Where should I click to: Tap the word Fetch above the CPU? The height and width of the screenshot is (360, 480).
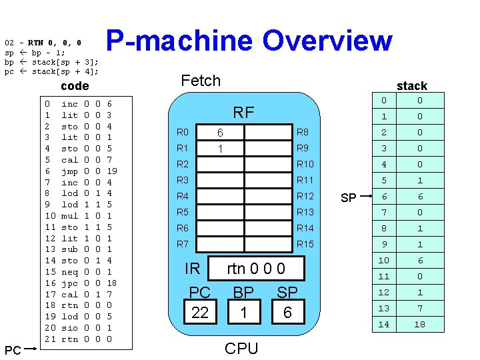pyautogui.click(x=201, y=81)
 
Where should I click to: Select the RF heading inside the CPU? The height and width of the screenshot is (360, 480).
pyautogui.click(x=243, y=112)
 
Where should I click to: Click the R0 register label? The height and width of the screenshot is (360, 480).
pyautogui.click(x=183, y=133)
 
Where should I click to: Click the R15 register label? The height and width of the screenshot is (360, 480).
pyautogui.click(x=305, y=244)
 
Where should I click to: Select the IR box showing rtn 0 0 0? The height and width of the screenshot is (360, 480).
pyautogui.click(x=256, y=269)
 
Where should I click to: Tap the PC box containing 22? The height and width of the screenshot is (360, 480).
pyautogui.click(x=200, y=312)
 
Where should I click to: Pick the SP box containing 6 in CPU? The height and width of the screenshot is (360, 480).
pyautogui.click(x=287, y=312)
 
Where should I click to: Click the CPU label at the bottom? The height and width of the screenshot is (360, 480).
pyautogui.click(x=241, y=348)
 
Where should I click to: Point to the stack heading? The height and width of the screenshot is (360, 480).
pyautogui.click(x=411, y=85)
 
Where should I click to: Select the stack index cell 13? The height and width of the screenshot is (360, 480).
pyautogui.click(x=383, y=308)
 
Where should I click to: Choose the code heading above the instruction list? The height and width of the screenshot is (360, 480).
pyautogui.click(x=74, y=86)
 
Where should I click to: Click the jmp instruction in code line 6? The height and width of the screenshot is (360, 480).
pyautogui.click(x=69, y=171)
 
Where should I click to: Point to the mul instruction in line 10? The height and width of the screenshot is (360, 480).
pyautogui.click(x=69, y=216)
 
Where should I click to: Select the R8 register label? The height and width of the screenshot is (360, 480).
pyautogui.click(x=303, y=133)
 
